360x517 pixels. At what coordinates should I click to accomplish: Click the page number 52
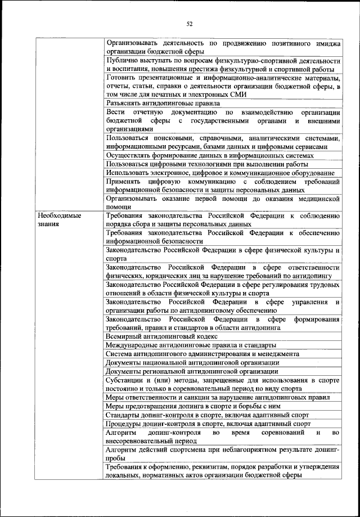coord(190,24)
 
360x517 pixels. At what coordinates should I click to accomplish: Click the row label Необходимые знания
coord(59,219)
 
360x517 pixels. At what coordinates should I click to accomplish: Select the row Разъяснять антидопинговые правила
coord(163,103)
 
